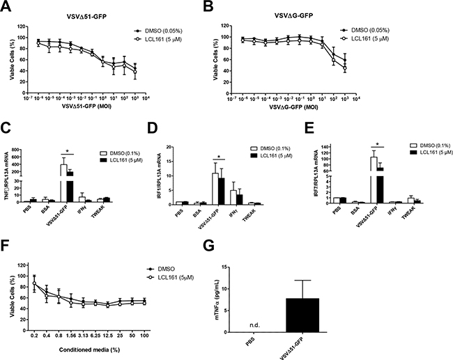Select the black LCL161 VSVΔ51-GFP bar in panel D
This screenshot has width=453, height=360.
coord(222,191)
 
